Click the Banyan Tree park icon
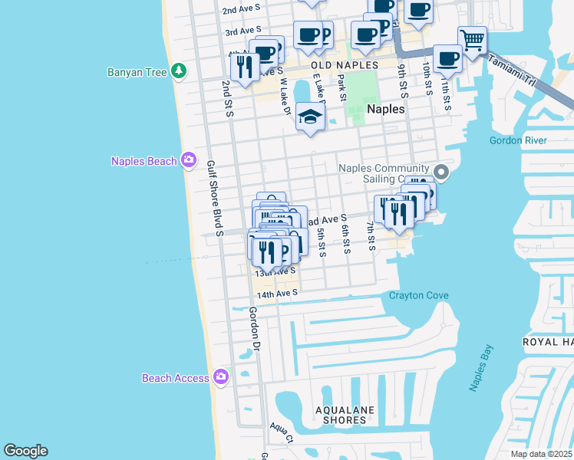pyautogui.click(x=179, y=71)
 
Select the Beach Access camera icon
pyautogui.click(x=221, y=376)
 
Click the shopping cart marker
pyautogui.click(x=473, y=39)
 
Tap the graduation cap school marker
pyautogui.click(x=310, y=117)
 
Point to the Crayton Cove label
pyautogui.click(x=417, y=296)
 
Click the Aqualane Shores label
pyautogui.click(x=341, y=415)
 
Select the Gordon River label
pyautogui.click(x=518, y=140)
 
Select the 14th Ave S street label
pyautogui.click(x=276, y=294)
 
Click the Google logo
pyautogui.click(x=25, y=451)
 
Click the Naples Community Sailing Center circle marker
pyautogui.click(x=440, y=171)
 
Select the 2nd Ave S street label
pyautogui.click(x=242, y=11)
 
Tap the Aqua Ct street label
pyautogui.click(x=281, y=433)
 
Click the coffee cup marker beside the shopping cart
pyautogui.click(x=447, y=59)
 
